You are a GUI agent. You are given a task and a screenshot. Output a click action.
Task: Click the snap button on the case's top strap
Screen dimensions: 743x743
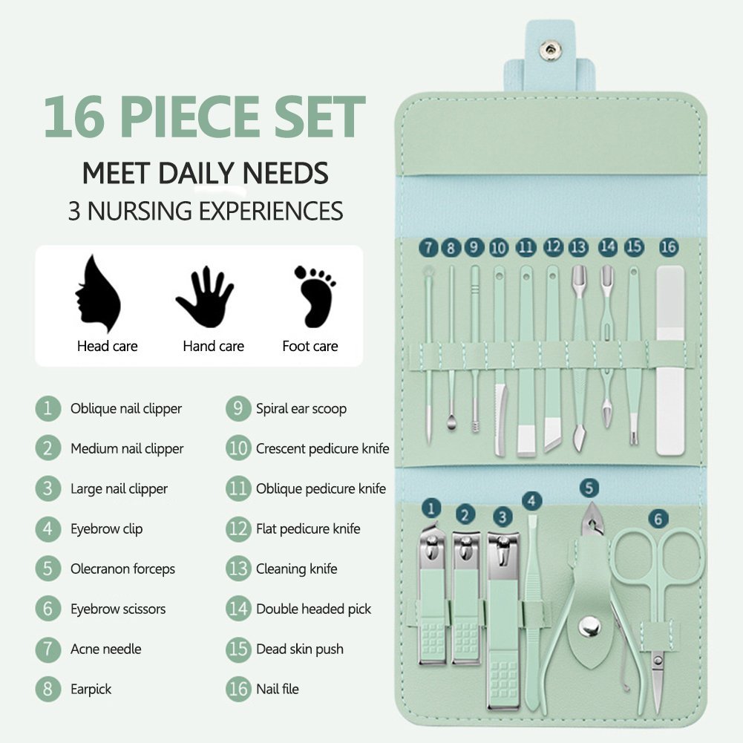pyautogui.click(x=550, y=50)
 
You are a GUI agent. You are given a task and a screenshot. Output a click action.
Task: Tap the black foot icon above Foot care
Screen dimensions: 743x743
pyautogui.click(x=314, y=297)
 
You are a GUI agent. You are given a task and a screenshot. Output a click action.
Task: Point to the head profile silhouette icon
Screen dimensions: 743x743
pyautogui.click(x=98, y=294)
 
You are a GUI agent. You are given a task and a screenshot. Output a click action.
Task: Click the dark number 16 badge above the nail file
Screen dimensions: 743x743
pyautogui.click(x=668, y=247)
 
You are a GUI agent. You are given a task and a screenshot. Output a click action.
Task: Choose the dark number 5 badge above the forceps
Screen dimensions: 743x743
pyautogui.click(x=589, y=488)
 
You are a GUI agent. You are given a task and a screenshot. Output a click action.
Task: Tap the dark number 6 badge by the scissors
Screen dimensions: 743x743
pyautogui.click(x=658, y=519)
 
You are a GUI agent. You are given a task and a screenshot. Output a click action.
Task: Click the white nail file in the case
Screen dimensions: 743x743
pyautogui.click(x=670, y=360)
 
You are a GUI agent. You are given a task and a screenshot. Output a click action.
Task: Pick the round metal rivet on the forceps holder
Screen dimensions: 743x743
pyautogui.click(x=589, y=626)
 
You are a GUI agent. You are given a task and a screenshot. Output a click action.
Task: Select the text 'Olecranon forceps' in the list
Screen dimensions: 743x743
pyautogui.click(x=122, y=569)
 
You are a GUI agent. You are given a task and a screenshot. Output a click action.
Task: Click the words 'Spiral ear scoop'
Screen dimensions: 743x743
pyautogui.click(x=301, y=408)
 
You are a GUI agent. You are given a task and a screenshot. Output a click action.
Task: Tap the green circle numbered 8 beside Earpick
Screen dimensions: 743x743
pyautogui.click(x=48, y=689)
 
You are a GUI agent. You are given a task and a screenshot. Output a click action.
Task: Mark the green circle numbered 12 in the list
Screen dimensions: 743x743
pyautogui.click(x=238, y=528)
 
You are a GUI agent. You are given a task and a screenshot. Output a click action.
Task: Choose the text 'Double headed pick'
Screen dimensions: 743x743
pyautogui.click(x=314, y=609)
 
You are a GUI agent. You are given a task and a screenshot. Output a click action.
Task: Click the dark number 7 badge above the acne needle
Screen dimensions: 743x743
pyautogui.click(x=429, y=247)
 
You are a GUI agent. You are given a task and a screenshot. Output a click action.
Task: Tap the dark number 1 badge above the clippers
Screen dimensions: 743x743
pyautogui.click(x=431, y=509)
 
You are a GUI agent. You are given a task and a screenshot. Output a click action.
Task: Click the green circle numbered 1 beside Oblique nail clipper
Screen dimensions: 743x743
pyautogui.click(x=48, y=408)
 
